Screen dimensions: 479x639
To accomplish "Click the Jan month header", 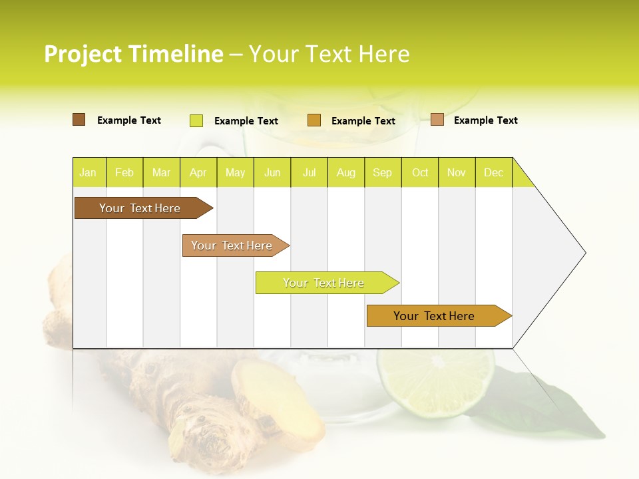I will (89, 172).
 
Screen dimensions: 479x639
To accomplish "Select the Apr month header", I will (198, 172).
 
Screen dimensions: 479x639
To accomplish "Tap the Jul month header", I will (309, 172).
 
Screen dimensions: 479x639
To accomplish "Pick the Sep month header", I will (383, 172).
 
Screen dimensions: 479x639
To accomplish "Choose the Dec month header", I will (493, 172).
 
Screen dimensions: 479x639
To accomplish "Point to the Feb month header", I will (124, 172).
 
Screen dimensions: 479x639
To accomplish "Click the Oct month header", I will (420, 172).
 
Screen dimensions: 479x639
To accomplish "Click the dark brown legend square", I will (79, 120).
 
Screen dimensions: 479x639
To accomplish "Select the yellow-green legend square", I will (196, 120).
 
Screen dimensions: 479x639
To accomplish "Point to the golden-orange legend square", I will (314, 120).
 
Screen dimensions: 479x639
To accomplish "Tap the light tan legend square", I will (437, 120).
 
